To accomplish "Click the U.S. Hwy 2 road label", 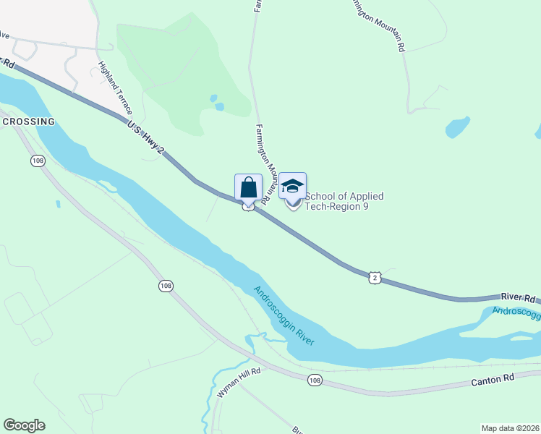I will point(146,138).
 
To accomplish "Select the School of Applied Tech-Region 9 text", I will point(344,201).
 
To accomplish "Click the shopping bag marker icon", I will point(248,187).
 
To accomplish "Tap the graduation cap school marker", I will point(292,186).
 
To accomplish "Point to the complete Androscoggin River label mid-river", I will point(284,315).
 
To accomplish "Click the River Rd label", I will point(519,298).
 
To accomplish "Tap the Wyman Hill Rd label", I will point(238,382).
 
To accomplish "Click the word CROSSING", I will point(29,122).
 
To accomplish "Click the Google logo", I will point(24,425).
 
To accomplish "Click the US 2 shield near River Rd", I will point(374,278).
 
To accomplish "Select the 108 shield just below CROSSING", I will point(37,160).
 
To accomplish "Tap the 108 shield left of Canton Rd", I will point(314,380).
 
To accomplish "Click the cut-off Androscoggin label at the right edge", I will point(516,312).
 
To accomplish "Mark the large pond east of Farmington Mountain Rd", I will point(457,127).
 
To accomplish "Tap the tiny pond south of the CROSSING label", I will point(57,204).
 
